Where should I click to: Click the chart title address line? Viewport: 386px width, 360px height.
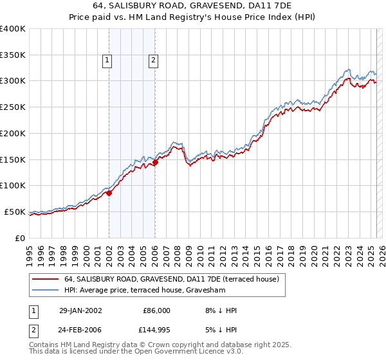[x=193, y=6]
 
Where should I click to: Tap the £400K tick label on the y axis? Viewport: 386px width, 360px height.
[x=13, y=29]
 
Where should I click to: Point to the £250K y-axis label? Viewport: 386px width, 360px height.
[x=13, y=107]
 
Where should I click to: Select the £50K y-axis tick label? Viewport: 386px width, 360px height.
[x=15, y=212]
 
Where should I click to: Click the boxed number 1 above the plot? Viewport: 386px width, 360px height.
[x=107, y=61]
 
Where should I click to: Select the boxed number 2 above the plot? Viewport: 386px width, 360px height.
[x=154, y=61]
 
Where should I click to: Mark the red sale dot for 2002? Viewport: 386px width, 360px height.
[x=109, y=192]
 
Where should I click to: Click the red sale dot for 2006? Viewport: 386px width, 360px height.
[x=155, y=162]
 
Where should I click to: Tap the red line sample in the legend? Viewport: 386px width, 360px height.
[x=46, y=279]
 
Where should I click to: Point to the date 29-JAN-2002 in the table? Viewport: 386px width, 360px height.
[x=80, y=310]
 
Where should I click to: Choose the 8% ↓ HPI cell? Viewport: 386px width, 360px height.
[x=219, y=310]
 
